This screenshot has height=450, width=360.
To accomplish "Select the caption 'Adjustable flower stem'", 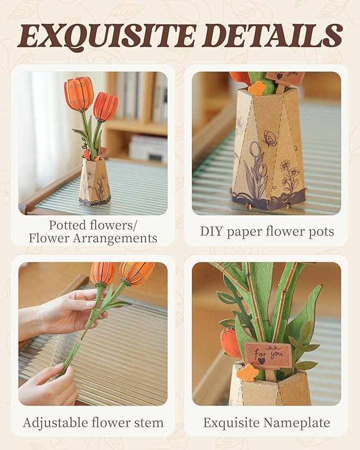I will [93, 422].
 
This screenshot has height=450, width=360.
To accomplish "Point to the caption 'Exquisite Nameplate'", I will [266, 422].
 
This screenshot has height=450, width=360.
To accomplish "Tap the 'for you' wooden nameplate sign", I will [268, 355].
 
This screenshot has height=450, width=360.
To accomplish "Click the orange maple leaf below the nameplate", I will [247, 373].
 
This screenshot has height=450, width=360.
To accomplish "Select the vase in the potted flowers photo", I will [94, 183].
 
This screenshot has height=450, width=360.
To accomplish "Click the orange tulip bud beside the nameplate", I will [231, 342].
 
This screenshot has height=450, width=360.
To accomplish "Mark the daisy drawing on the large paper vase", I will [291, 172].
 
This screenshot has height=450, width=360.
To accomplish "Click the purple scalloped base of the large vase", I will [268, 200].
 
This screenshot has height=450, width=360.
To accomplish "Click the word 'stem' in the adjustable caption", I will [149, 422].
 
